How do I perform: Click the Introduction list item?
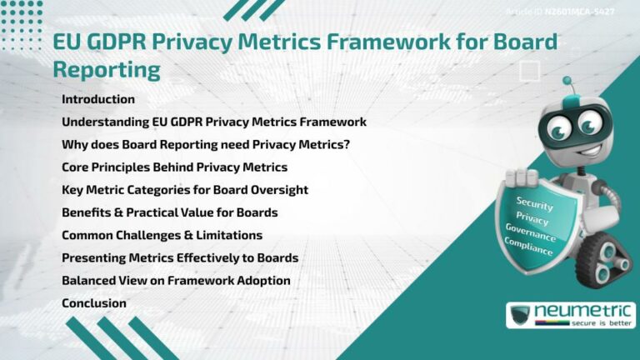(97, 99)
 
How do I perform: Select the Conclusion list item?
(93, 303)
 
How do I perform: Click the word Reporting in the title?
(106, 69)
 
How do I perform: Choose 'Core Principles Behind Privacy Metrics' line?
(174, 167)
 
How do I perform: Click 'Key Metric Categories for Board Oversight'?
(185, 190)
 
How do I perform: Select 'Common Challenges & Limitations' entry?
(162, 235)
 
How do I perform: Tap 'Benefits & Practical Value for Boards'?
(169, 212)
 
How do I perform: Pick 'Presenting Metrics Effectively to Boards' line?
(180, 257)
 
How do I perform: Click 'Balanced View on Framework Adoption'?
(176, 281)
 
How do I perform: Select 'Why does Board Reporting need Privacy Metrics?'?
(206, 144)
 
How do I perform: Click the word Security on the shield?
(535, 202)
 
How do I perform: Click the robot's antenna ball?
(567, 82)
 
